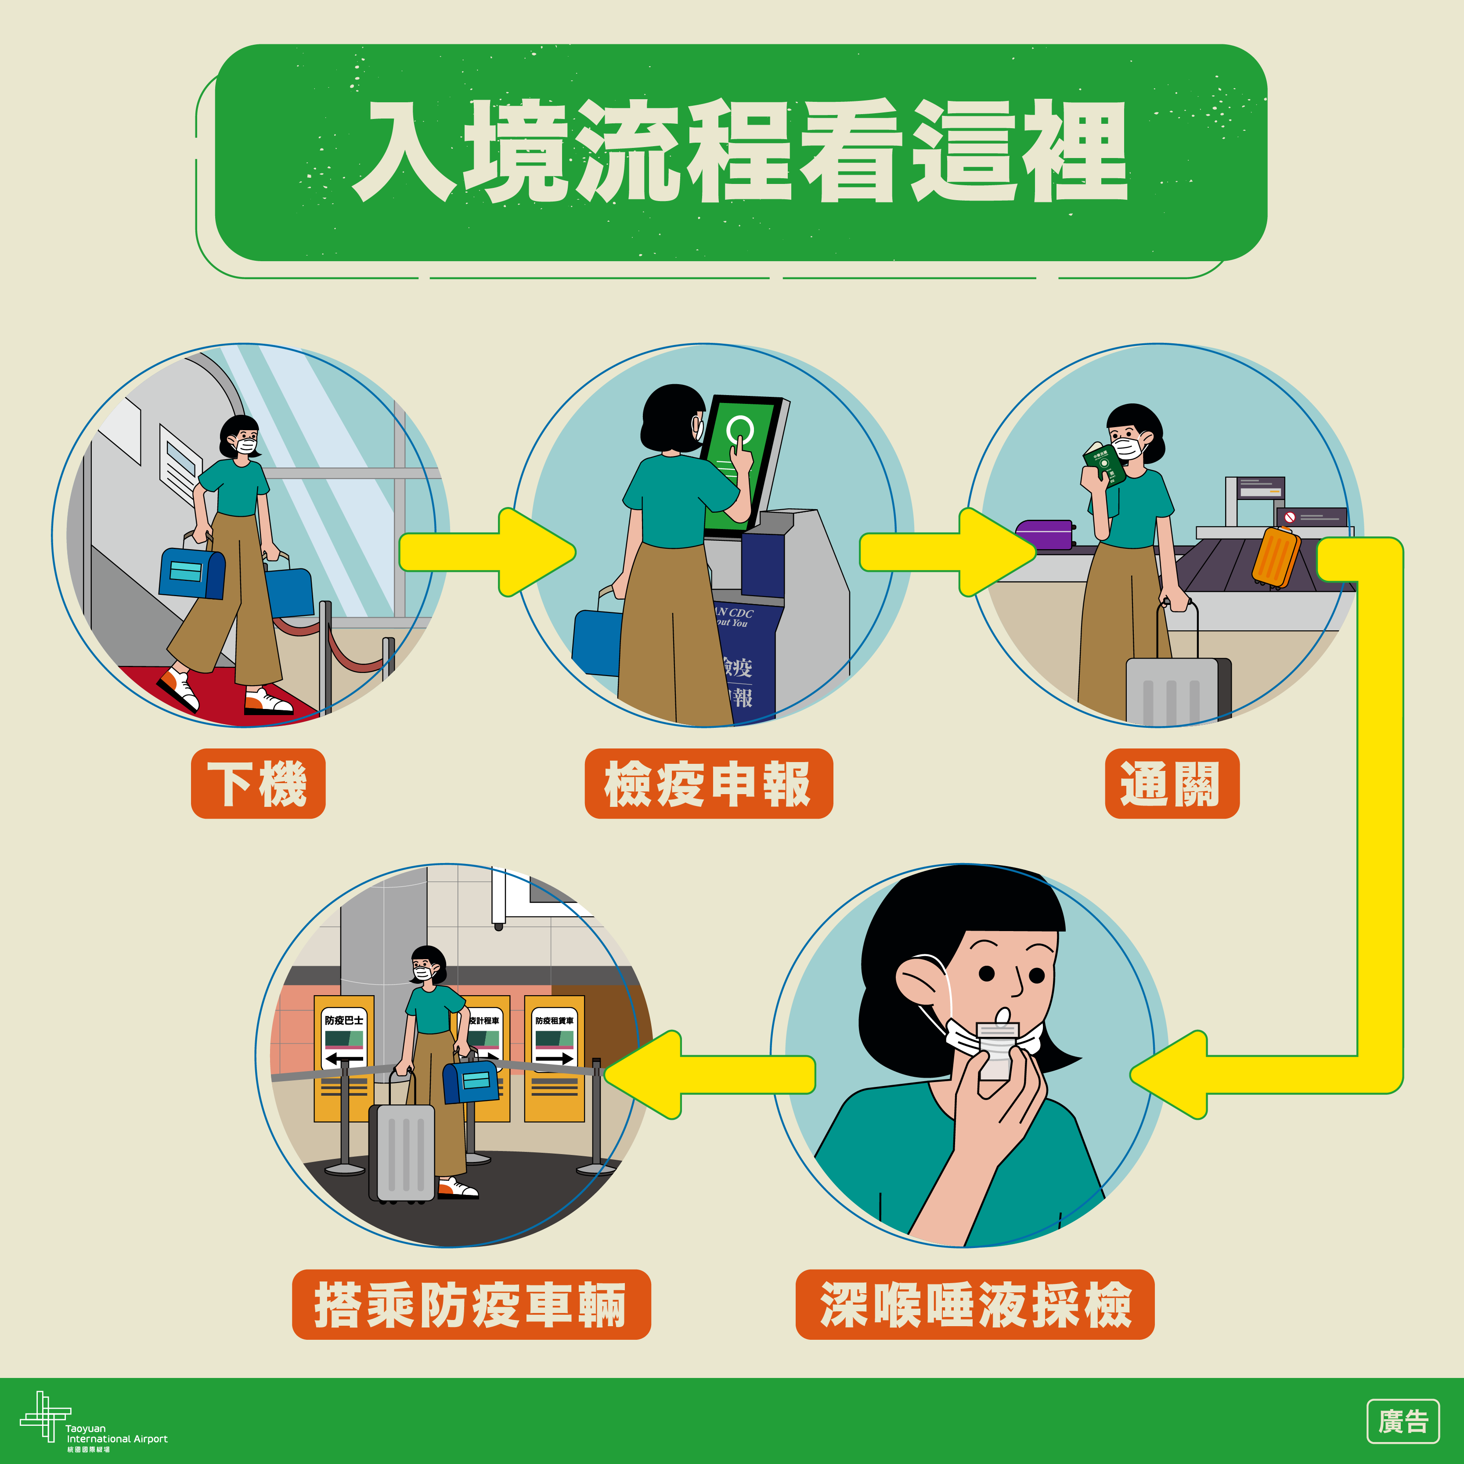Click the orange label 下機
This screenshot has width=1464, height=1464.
pyautogui.click(x=258, y=784)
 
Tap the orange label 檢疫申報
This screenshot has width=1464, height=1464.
pyautogui.click(x=708, y=784)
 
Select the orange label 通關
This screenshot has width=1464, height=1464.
pyautogui.click(x=1172, y=784)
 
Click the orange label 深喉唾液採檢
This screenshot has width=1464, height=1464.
pyautogui.click(x=974, y=1305)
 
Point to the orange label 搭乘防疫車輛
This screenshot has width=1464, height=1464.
pyautogui.click(x=471, y=1305)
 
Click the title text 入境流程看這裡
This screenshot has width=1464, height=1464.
pyautogui.click(x=741, y=151)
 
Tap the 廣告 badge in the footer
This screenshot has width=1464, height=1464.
pyautogui.click(x=1403, y=1421)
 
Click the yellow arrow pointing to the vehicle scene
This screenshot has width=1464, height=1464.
pyautogui.click(x=709, y=1075)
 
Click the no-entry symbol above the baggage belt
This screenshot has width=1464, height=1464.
pyautogui.click(x=1290, y=518)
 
